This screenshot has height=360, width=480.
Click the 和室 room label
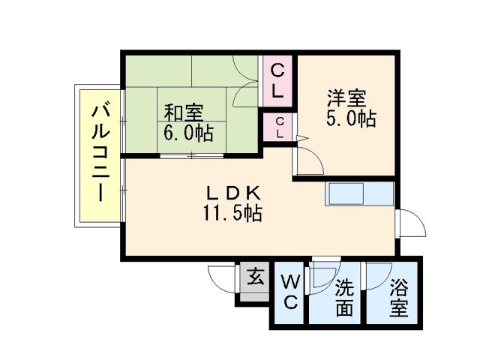[184, 113]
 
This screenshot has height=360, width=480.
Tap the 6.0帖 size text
[188, 134]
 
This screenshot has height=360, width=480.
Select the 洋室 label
[346, 97]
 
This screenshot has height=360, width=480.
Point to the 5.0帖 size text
[350, 118]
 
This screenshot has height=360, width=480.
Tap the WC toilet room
[289, 294]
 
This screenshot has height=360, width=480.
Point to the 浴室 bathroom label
[398, 297]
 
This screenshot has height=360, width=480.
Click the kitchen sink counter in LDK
[358, 194]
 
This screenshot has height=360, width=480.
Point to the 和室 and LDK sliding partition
[192, 155]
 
